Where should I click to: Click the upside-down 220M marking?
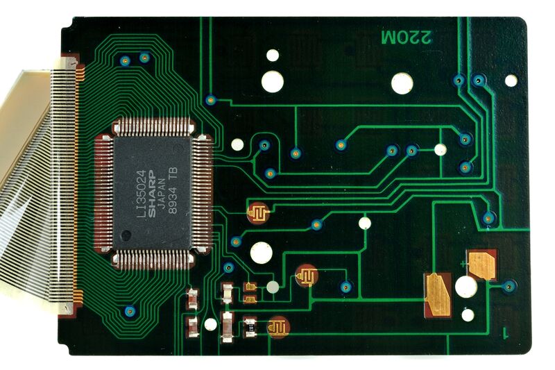[x=407, y=37]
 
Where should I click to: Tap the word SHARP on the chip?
[x=151, y=193]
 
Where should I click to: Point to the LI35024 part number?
[x=142, y=194]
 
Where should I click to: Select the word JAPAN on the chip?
[x=162, y=193]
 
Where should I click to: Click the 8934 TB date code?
[x=173, y=190]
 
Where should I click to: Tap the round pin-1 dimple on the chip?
[x=126, y=235]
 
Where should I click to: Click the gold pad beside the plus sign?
[x=482, y=264]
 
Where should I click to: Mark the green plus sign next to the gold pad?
[x=463, y=264]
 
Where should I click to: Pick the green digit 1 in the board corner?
[x=506, y=333]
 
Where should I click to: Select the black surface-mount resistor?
[x=250, y=328]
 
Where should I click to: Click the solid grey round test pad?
[x=273, y=287]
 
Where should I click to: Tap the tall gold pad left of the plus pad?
[x=438, y=295]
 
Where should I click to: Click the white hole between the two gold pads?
[x=466, y=287]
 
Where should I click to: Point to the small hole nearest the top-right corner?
[x=511, y=81]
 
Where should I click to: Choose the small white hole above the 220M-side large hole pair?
[x=273, y=56]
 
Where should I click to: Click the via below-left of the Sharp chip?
[x=130, y=312]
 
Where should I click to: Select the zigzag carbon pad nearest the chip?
[x=258, y=213]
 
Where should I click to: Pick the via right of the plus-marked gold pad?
[x=509, y=287]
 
